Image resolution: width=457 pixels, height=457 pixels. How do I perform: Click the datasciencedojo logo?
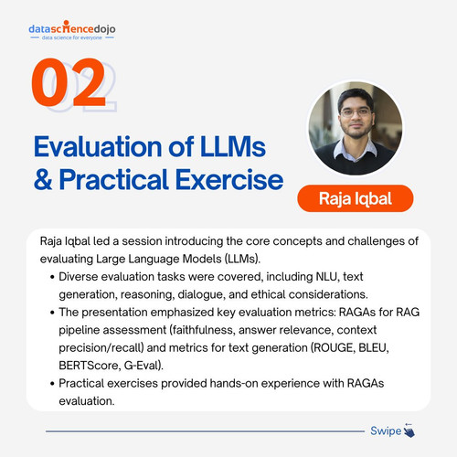point(72,30)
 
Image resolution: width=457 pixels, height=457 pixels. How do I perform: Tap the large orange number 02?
point(69,82)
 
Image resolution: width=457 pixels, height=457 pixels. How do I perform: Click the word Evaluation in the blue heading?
point(98,146)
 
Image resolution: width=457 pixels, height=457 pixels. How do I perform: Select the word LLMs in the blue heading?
point(233,146)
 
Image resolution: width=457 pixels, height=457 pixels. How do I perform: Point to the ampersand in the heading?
point(43,179)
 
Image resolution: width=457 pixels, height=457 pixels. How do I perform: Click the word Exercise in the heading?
point(229,179)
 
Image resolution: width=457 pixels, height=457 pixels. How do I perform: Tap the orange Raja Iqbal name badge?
point(356,198)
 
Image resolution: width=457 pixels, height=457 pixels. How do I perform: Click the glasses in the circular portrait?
point(356,113)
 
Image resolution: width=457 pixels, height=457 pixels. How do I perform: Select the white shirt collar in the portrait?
point(356,149)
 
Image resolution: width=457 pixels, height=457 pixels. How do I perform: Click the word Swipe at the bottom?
point(386,430)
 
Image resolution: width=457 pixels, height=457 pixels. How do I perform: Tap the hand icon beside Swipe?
point(409,430)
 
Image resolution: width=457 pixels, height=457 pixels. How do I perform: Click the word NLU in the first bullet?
point(327,277)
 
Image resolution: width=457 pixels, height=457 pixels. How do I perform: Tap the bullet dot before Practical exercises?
point(52,384)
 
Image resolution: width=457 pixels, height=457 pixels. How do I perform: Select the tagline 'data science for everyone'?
point(72,37)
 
